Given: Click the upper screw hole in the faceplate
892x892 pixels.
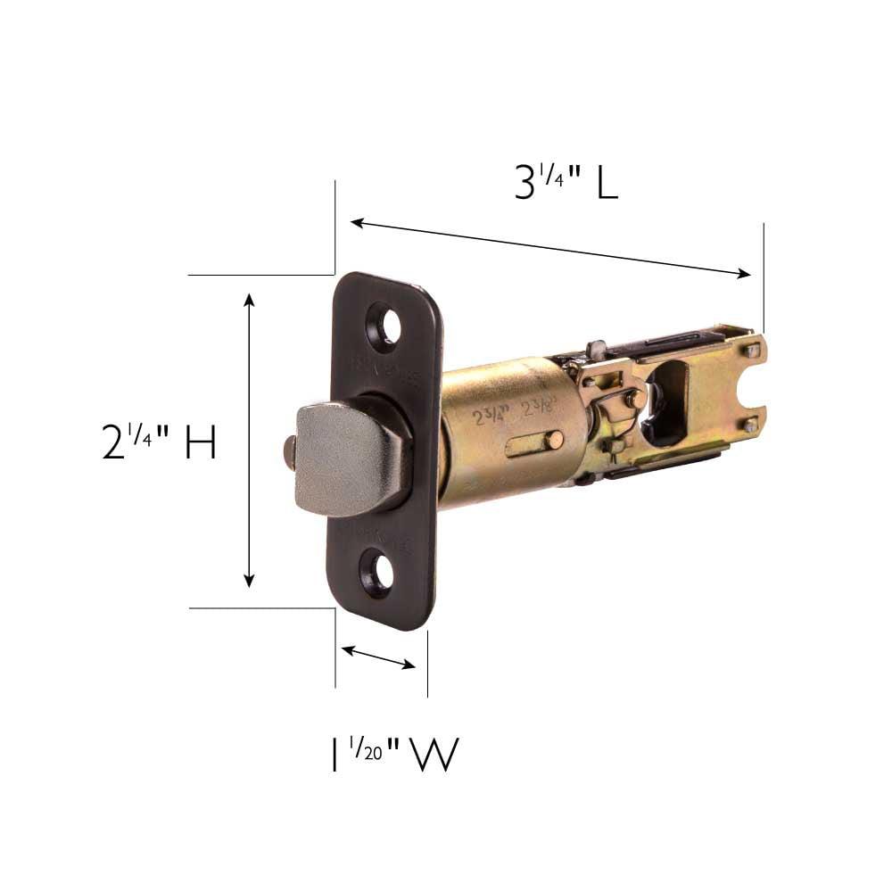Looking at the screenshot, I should tap(385, 326).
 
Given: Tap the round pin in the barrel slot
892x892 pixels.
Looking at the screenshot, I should tap(554, 439).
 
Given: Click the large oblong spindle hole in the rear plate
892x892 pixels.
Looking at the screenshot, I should tap(667, 401).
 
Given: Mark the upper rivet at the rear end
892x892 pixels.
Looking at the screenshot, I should tap(754, 351).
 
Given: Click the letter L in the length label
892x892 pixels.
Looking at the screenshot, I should tap(607, 184).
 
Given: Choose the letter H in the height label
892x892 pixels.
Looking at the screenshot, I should tap(200, 442).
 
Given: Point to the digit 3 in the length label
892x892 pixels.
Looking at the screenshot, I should tap(525, 184).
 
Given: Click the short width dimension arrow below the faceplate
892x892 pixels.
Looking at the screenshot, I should tap(378, 657).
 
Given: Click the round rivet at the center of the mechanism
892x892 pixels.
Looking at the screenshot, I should tap(636, 399).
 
